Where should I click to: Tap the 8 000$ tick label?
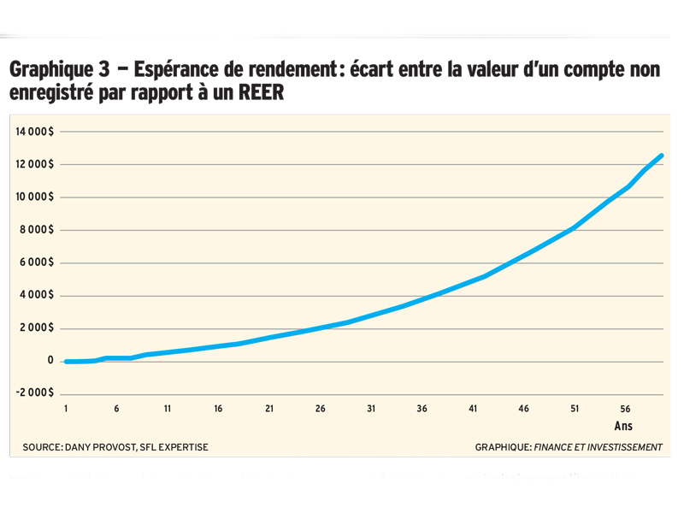point(37,230)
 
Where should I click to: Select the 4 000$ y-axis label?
point(37,296)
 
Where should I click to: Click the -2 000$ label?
point(34,392)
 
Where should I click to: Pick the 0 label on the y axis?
point(50,361)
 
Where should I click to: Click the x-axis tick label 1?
point(66,410)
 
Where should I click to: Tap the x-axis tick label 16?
point(218,410)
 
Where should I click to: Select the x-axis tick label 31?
point(371,410)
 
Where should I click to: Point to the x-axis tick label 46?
point(523,410)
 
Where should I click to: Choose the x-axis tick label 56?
point(625,410)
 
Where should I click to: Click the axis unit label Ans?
point(623,426)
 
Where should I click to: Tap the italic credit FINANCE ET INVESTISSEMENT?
point(598,447)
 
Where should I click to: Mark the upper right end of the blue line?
point(662,156)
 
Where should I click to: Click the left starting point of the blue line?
point(66,362)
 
